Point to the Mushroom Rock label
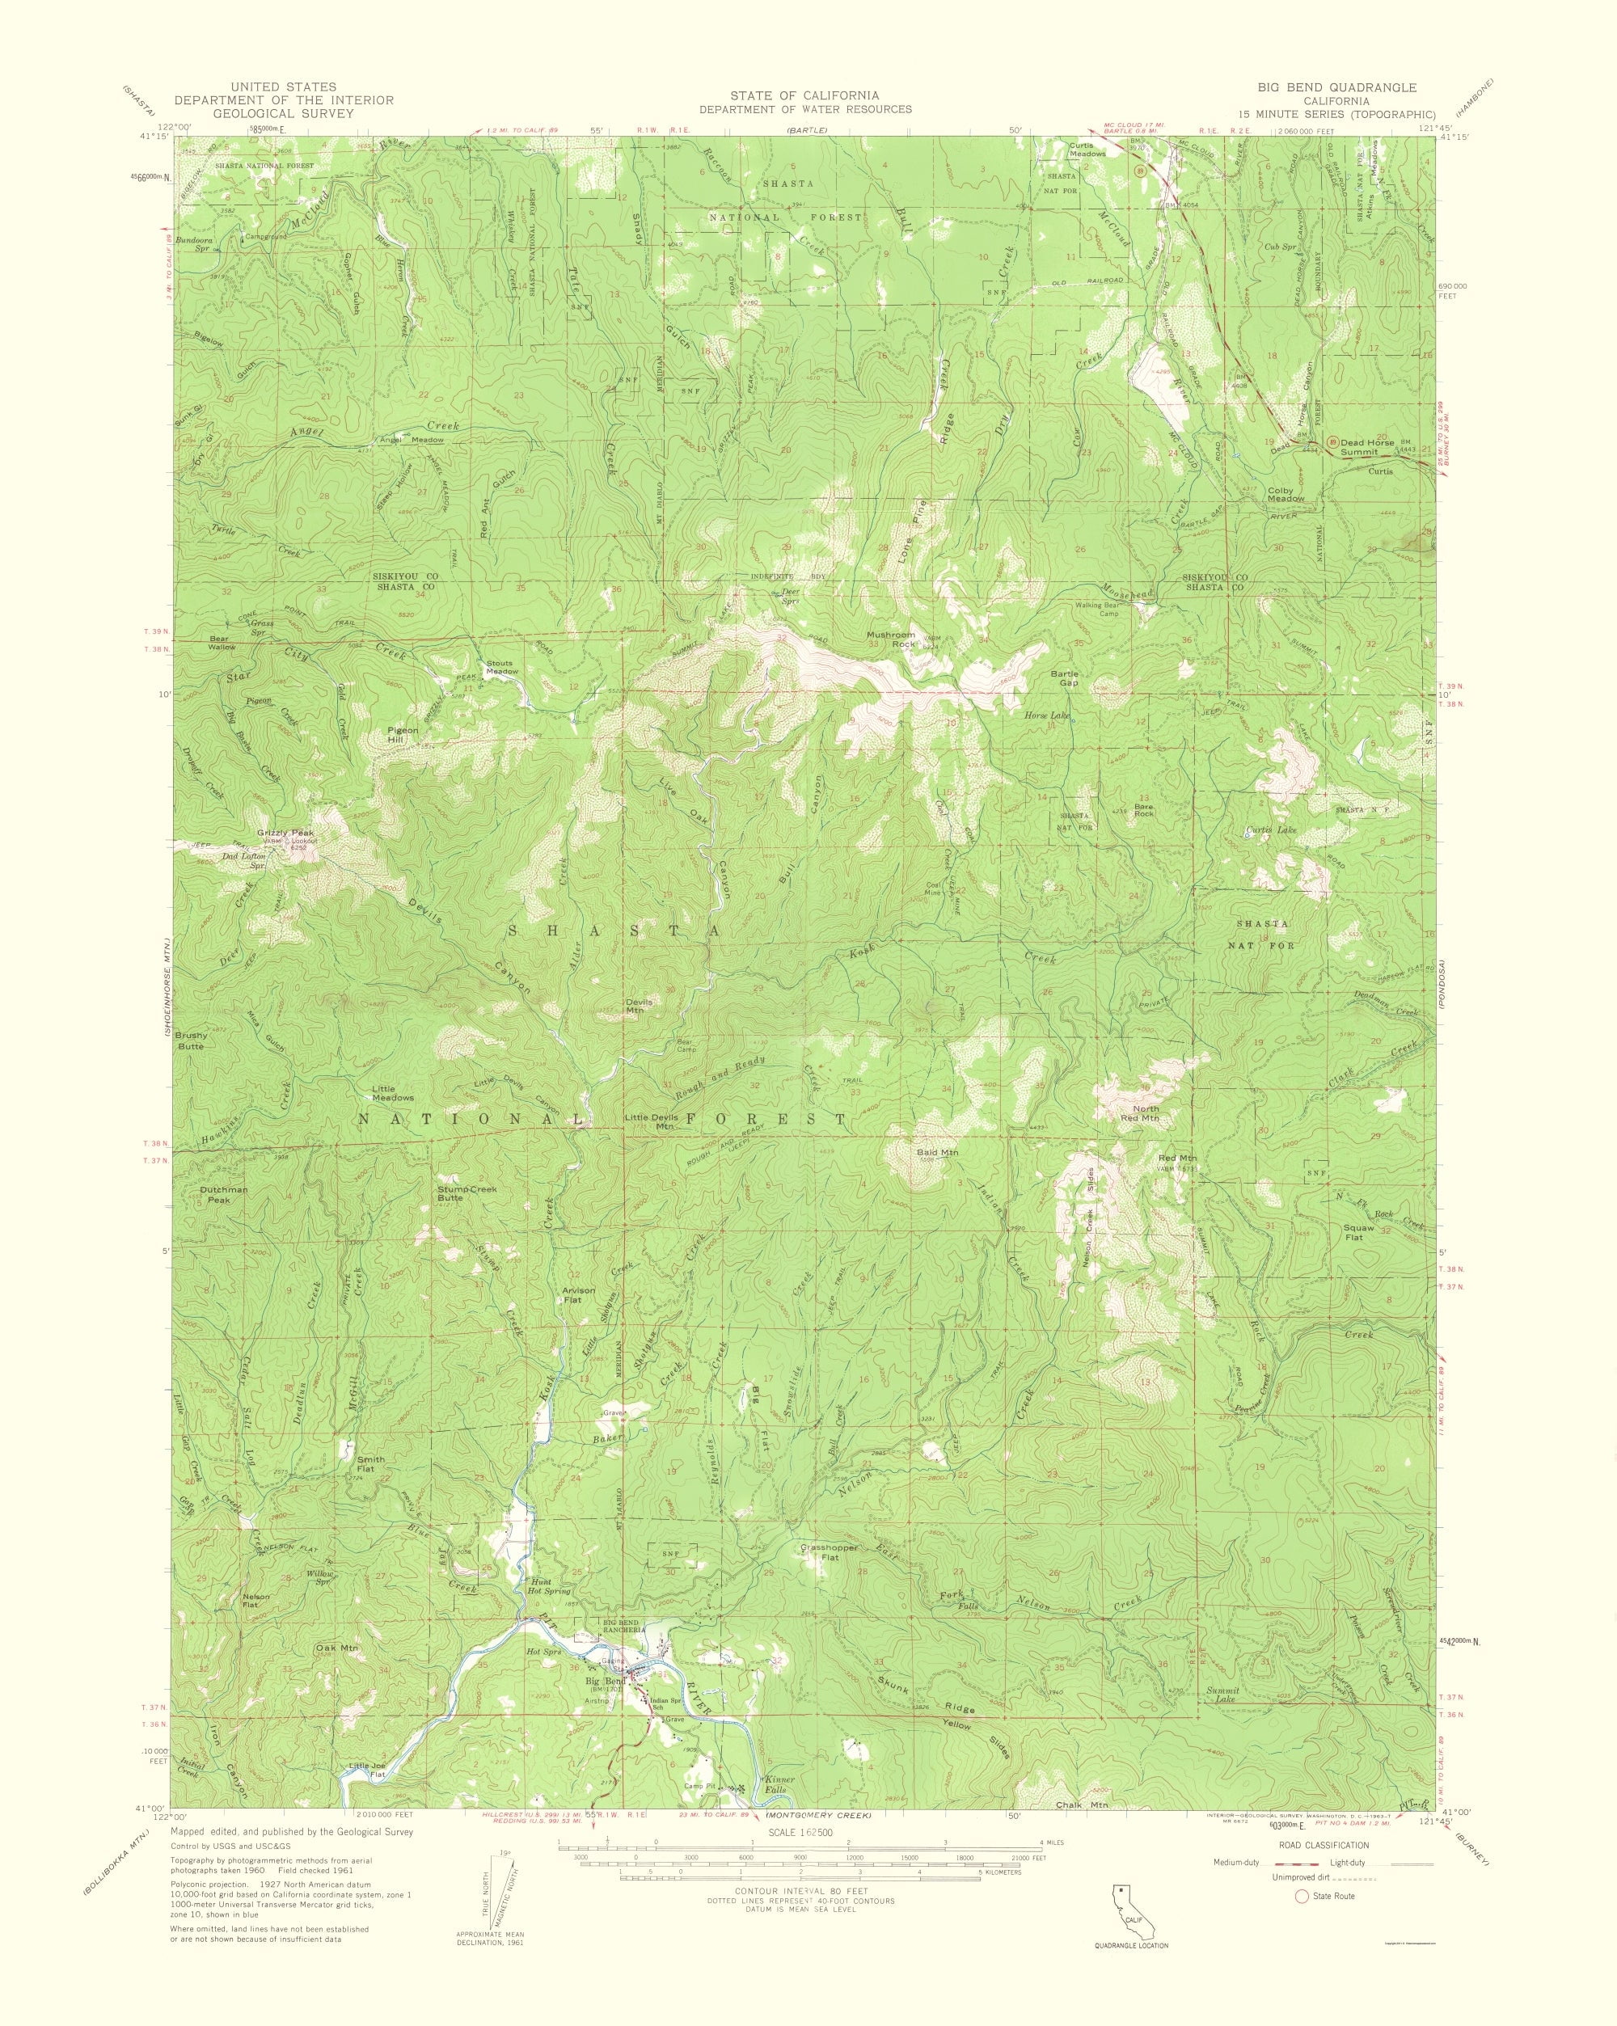(x=891, y=640)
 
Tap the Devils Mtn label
(x=644, y=1006)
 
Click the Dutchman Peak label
(x=224, y=1195)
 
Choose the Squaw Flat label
(x=1357, y=1234)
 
